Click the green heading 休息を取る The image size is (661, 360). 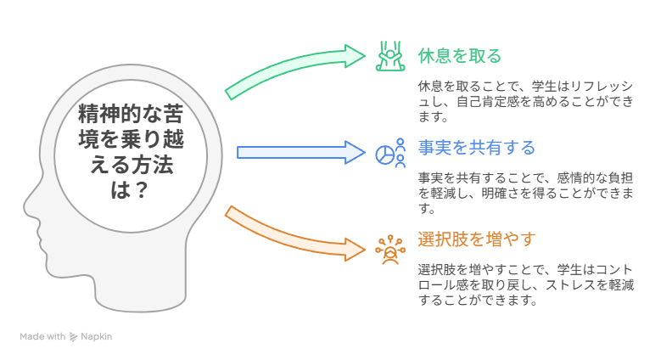(460, 56)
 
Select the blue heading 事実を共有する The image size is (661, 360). (476, 148)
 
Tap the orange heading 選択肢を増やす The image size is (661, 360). (476, 239)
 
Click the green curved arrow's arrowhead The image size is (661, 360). (355, 56)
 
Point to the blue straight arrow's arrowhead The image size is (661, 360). (355, 152)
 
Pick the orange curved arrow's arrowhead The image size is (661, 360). (355, 250)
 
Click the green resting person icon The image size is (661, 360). (390, 56)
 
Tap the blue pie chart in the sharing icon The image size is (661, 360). (384, 155)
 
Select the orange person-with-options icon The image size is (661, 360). (390, 250)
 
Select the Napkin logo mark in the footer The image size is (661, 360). (73, 337)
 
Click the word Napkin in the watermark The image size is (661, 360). (96, 337)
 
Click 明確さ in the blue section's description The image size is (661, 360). (501, 194)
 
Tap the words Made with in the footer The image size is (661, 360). (42, 337)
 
